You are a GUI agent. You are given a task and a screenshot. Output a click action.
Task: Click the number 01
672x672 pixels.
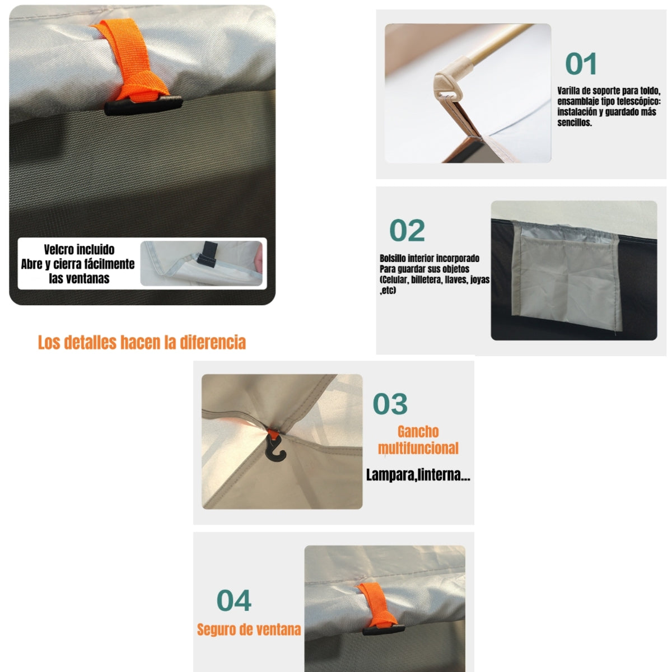pos(581,64)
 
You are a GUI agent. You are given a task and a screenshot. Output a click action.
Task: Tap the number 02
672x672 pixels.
pos(407,231)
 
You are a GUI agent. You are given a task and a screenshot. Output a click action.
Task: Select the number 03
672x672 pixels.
pos(390,404)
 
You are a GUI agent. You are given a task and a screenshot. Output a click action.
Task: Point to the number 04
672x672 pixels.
pos(234,601)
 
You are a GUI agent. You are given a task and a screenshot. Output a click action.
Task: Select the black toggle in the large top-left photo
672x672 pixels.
pos(143,106)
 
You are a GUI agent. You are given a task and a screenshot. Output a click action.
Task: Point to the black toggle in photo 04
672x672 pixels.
pos(384,629)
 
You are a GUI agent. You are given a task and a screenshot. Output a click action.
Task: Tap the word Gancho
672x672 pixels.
pos(418,432)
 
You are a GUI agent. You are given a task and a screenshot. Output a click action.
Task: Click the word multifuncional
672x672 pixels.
pos(418,449)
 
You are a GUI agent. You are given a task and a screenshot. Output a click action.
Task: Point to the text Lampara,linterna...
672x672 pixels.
pos(418,475)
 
